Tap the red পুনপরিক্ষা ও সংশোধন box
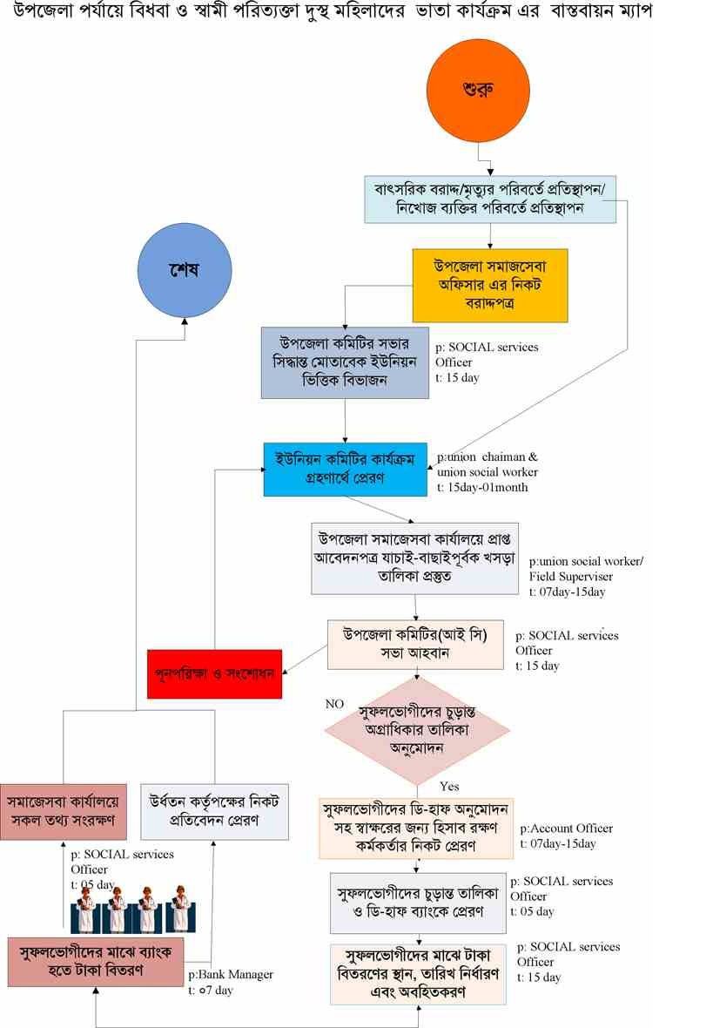click(215, 673)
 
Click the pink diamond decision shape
click(417, 730)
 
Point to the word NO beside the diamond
click(334, 703)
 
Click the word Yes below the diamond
click(449, 784)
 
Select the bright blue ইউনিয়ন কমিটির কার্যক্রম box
click(345, 470)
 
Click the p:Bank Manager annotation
click(231, 974)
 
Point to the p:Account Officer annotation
click(566, 828)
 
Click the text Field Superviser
click(570, 577)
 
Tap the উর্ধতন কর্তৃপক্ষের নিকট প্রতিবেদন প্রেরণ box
click(214, 809)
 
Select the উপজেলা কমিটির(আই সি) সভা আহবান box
click(420, 644)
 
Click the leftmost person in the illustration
click(85, 909)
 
